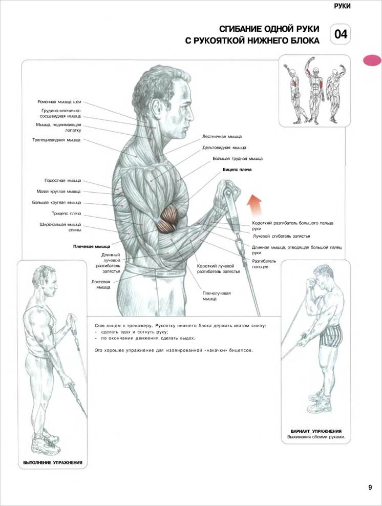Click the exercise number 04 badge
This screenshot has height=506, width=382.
click(x=340, y=34)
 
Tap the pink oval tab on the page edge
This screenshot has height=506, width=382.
click(x=372, y=60)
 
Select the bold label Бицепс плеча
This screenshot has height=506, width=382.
click(x=237, y=170)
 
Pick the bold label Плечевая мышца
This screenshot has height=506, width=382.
click(x=92, y=246)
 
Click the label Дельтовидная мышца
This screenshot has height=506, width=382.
click(x=224, y=148)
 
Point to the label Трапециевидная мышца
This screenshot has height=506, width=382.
click(x=56, y=140)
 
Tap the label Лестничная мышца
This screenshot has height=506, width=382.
click(x=222, y=137)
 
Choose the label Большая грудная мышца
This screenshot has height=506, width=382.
click(x=238, y=159)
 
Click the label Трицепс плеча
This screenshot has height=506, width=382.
click(x=67, y=214)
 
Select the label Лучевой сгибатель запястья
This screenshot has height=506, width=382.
click(x=281, y=236)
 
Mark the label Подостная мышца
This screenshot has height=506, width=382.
click(x=63, y=180)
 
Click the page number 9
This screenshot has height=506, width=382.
click(x=370, y=487)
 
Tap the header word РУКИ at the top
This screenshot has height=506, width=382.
click(x=343, y=6)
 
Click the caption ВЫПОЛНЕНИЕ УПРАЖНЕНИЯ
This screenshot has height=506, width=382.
click(x=53, y=462)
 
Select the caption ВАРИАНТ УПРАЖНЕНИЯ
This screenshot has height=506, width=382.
click(x=316, y=431)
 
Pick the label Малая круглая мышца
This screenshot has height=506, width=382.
click(x=59, y=192)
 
